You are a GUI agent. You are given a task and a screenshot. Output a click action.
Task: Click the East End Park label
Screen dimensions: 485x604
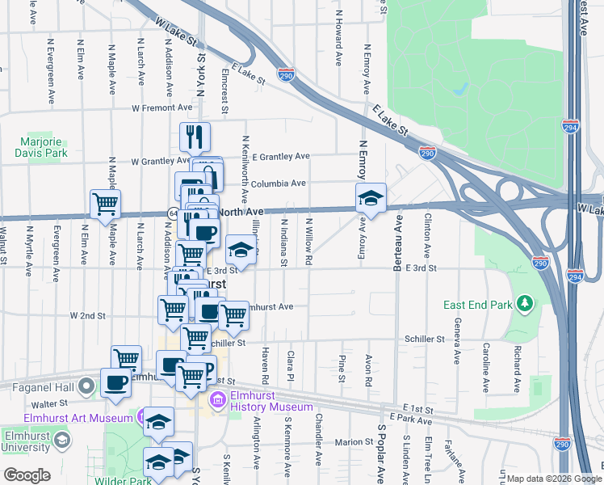[477, 305]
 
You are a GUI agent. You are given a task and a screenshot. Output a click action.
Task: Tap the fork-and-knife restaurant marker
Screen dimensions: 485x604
[194, 137]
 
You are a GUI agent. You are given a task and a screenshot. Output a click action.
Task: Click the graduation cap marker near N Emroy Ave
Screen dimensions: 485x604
[371, 198]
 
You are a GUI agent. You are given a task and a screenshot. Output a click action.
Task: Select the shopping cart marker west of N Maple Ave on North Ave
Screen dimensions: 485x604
[105, 205]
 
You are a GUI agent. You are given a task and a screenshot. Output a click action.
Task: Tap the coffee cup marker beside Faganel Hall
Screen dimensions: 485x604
[116, 383]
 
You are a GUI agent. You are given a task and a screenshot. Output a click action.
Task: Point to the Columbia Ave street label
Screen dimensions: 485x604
[278, 183]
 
